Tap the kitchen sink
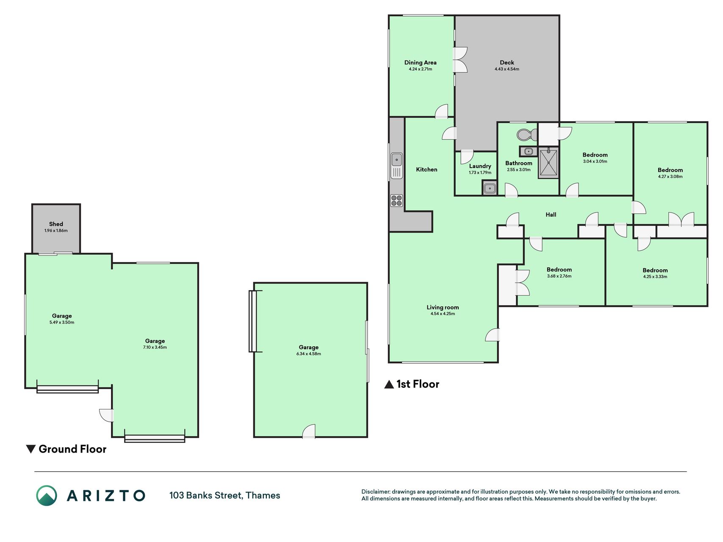click(x=396, y=166)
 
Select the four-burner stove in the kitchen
click(x=396, y=200)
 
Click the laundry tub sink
click(x=490, y=188)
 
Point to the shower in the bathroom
click(x=548, y=163)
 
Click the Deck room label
click(x=507, y=63)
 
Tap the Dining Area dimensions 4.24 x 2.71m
click(x=420, y=69)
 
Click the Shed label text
click(x=56, y=224)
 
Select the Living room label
click(x=443, y=307)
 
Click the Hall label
click(x=551, y=215)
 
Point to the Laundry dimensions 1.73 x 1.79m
click(x=480, y=173)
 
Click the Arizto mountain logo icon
click(x=47, y=495)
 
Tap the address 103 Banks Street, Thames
click(x=224, y=495)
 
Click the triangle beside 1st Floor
click(x=389, y=384)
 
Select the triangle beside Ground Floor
click(x=30, y=449)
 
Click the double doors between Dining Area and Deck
click(x=460, y=59)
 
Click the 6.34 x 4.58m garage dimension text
click(x=308, y=354)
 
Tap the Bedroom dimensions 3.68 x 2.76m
click(x=559, y=276)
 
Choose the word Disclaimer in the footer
click(x=375, y=492)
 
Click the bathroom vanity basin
click(x=528, y=151)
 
